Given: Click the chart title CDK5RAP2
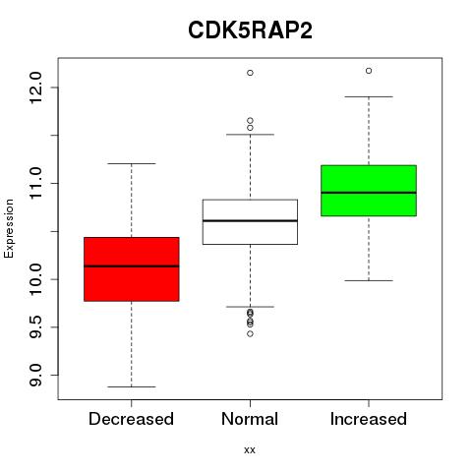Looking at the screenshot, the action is pos(250,30).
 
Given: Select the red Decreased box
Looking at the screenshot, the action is pos(132,268).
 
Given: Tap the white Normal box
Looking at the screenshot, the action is pos(250,222).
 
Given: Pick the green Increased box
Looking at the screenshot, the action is pos(369,191).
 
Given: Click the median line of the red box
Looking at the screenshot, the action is pos(132,266).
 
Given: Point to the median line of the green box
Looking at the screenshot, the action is pos(369,193).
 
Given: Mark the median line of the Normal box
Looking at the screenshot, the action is pos(250,221).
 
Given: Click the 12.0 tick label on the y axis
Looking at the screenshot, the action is pos(35,88).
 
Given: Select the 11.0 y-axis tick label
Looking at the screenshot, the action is pos(35,183).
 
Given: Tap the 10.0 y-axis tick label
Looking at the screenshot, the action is pos(35,279).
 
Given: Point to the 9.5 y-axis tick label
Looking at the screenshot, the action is pos(35,327).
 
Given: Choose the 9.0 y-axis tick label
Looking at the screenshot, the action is pos(35,375).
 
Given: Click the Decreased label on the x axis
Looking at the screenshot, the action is pos(131,419).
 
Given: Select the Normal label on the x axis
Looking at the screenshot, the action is pos(250,419).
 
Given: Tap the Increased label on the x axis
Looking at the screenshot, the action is pos(369,419).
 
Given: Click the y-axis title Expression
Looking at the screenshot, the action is pos(9,228).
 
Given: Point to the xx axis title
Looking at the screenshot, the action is pos(250,450).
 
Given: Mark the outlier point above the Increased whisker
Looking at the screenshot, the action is pos(369,71).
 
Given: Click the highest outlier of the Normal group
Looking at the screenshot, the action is pos(250,73).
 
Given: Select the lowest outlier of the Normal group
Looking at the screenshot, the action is pos(250,333).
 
